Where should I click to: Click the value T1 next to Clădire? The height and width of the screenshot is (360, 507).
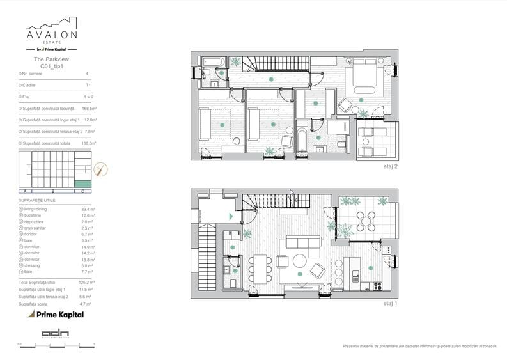click(x=88, y=85)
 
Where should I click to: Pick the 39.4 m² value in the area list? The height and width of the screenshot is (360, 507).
click(x=88, y=209)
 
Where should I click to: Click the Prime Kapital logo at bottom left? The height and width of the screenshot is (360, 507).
click(x=55, y=314)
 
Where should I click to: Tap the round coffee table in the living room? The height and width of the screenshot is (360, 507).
click(x=300, y=261)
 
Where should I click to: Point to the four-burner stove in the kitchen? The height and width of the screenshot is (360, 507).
click(x=377, y=285)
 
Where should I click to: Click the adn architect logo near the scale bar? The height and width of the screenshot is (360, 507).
click(x=56, y=333)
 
